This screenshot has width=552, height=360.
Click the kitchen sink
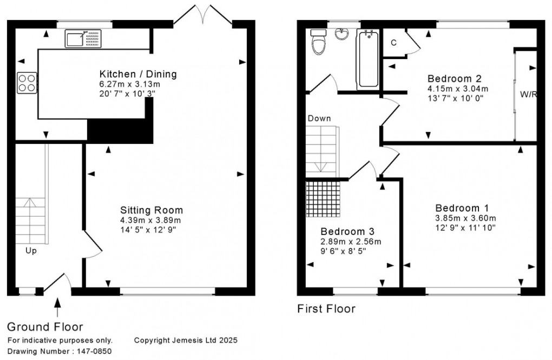pyautogui.click(x=83, y=38)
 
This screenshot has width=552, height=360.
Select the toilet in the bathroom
pyautogui.click(x=318, y=42)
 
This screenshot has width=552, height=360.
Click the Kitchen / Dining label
pyautogui.click(x=138, y=74)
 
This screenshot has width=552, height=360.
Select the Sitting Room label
pyautogui.click(x=152, y=210)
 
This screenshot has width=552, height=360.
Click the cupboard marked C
pyautogui.click(x=393, y=42)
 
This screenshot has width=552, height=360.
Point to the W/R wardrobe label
pyautogui.click(x=528, y=94)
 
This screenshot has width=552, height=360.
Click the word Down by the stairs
pyautogui.click(x=319, y=118)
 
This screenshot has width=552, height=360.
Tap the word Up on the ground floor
pyautogui.click(x=31, y=251)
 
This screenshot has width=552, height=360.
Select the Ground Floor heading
pyautogui.click(x=45, y=326)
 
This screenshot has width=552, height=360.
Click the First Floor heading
pyautogui.click(x=326, y=309)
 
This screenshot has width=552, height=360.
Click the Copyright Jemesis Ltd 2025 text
pyautogui.click(x=186, y=341)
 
